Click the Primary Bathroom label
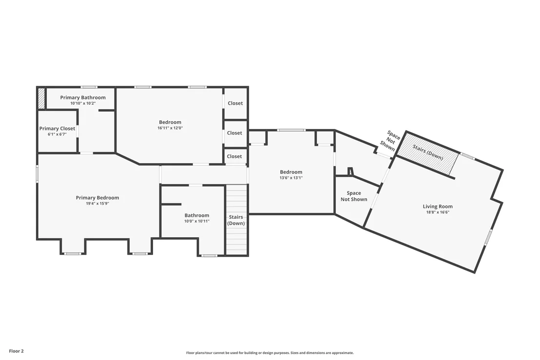(83, 97)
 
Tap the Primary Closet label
(57, 129)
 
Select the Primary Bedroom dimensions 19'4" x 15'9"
(97, 204)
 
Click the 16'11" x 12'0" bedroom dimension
(170, 128)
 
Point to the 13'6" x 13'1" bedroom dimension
(291, 178)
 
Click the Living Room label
(438, 207)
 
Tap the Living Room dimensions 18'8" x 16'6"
(438, 212)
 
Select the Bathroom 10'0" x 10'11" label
(196, 218)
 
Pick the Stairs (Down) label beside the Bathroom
(236, 220)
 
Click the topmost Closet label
(235, 103)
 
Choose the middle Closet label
(234, 133)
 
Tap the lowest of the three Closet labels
(234, 156)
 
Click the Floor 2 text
(16, 351)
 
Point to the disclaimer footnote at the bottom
(270, 353)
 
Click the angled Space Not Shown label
(389, 141)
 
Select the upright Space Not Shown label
(354, 196)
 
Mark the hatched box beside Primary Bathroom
(41, 98)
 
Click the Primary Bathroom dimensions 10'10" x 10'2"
(83, 103)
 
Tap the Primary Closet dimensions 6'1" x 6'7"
(57, 134)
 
